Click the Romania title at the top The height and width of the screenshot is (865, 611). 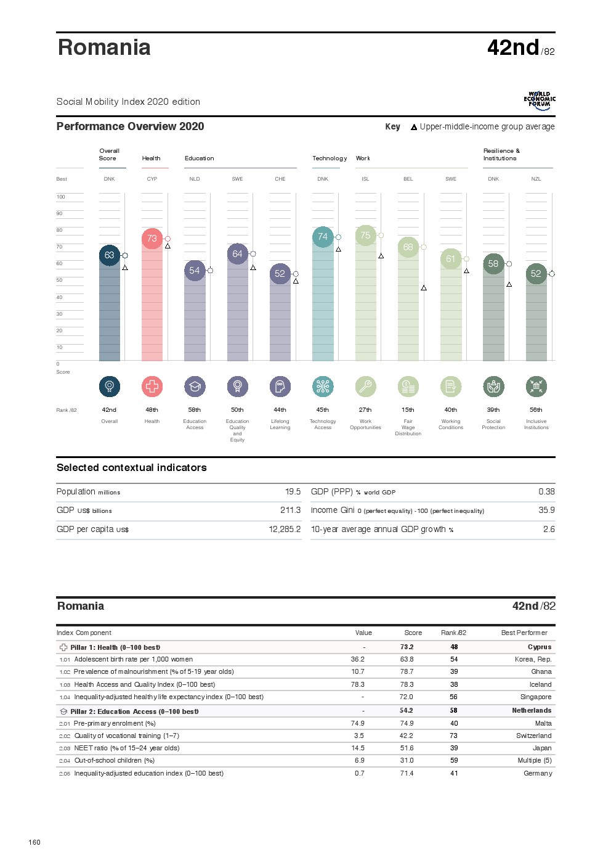point(104,47)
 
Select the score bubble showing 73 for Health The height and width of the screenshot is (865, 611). point(152,239)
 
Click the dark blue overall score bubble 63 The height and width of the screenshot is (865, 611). point(109,255)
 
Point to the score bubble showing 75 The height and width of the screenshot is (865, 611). point(365,236)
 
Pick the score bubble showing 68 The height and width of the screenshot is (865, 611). point(408,247)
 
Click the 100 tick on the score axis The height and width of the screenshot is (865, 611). point(60,197)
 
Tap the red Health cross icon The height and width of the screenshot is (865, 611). point(152,387)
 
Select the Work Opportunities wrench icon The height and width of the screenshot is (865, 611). point(365,387)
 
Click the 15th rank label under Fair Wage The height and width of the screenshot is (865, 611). point(408,409)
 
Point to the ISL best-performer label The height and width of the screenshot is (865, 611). point(365,179)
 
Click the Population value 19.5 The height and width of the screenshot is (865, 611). point(293,491)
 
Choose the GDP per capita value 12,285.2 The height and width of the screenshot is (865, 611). point(285,529)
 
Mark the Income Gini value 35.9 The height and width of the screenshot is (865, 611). point(546,510)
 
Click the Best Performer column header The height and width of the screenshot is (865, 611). point(524,633)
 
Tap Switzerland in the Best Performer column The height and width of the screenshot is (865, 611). point(533,736)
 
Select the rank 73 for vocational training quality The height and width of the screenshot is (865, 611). point(453,736)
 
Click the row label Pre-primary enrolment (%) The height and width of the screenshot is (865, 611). point(115,723)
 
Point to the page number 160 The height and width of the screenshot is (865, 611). point(34,842)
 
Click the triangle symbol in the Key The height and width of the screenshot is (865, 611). point(414,127)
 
